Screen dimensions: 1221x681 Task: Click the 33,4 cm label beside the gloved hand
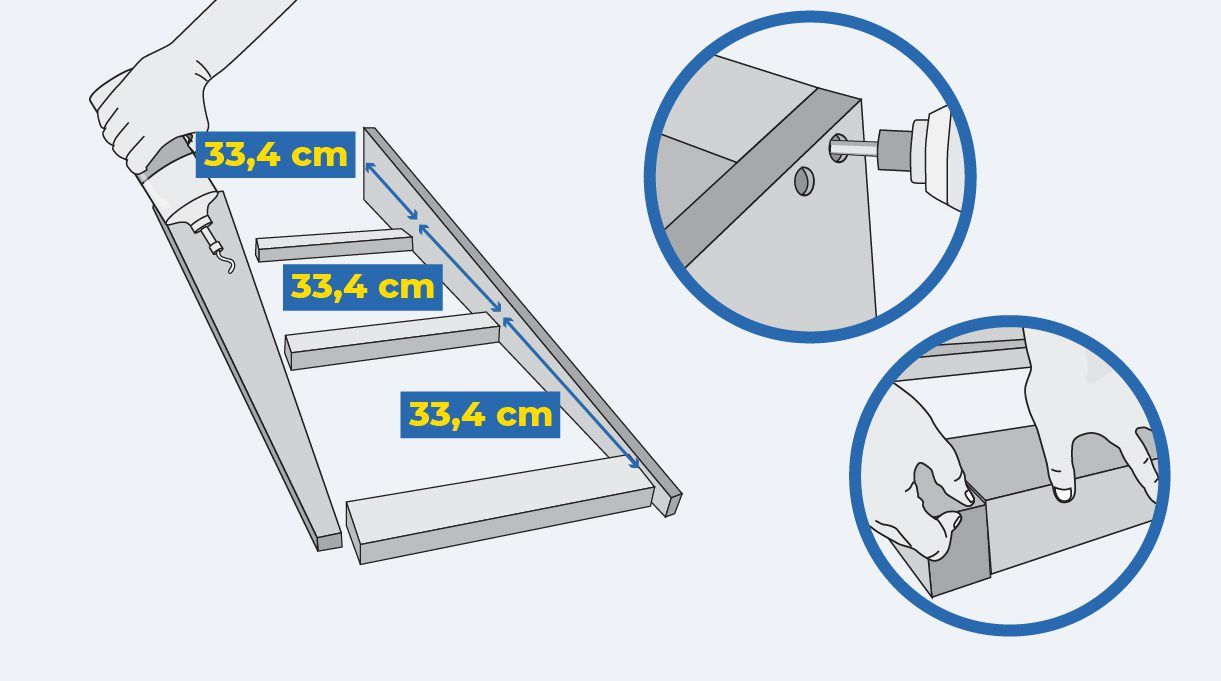click(x=275, y=155)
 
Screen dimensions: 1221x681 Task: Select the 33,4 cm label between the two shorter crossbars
click(x=362, y=287)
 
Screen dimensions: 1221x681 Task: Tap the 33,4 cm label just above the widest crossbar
click(x=480, y=414)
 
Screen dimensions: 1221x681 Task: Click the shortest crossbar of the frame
click(x=334, y=245)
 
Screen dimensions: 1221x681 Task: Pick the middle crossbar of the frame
click(x=392, y=341)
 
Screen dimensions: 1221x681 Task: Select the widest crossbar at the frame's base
click(x=500, y=511)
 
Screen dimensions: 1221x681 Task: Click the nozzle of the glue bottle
click(x=205, y=232)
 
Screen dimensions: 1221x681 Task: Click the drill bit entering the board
click(x=854, y=148)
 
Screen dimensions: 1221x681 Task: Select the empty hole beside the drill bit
click(x=804, y=181)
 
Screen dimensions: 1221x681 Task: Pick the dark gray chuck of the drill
click(x=894, y=150)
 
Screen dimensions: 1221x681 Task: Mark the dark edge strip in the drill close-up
click(x=763, y=177)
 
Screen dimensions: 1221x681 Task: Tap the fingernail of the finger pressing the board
click(x=1063, y=495)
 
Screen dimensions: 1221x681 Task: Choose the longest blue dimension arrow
click(x=570, y=393)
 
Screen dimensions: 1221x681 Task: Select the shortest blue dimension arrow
click(x=391, y=191)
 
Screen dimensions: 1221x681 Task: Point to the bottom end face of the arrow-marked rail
click(x=673, y=504)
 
